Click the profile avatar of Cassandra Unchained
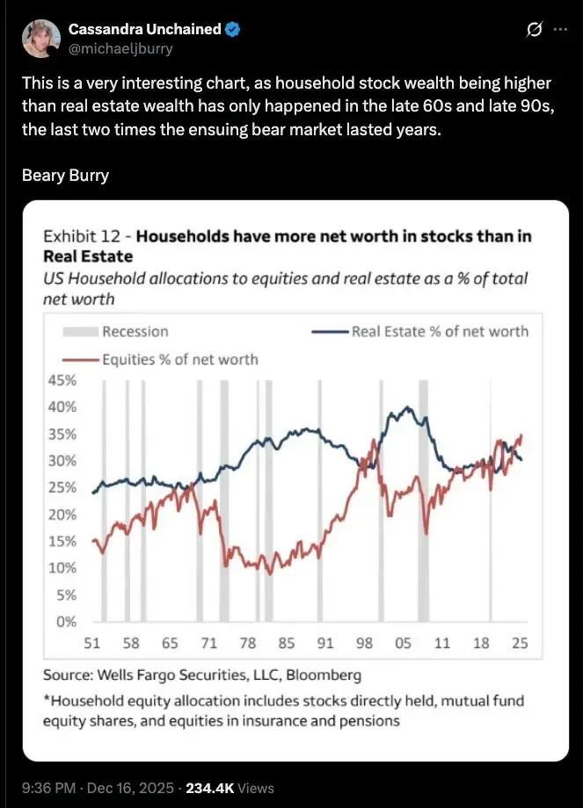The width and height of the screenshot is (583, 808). pos(40,38)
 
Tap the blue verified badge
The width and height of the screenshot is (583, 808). pos(233,29)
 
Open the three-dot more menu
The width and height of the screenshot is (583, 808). pos(560,29)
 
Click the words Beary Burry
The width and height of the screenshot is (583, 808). pos(65,175)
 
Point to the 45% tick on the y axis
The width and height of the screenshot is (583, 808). pos(61,380)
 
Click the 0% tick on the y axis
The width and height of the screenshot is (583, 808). pos(65,622)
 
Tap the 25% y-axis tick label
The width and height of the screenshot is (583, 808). pos(61,487)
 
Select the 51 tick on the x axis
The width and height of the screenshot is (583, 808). pos(91,643)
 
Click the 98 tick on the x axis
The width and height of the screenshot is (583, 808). pos(364,643)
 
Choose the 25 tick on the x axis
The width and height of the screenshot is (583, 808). pos(520,643)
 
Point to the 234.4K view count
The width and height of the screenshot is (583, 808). pos(210,788)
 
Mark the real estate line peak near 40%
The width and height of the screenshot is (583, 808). pos(406,408)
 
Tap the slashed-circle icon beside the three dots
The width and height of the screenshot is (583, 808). pos(532,30)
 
